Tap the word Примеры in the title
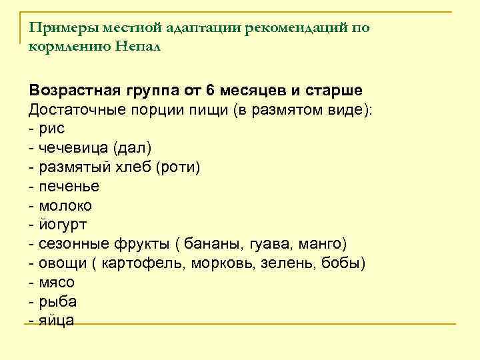pyautogui.click(x=55, y=28)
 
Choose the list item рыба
pyautogui.click(x=57, y=301)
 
